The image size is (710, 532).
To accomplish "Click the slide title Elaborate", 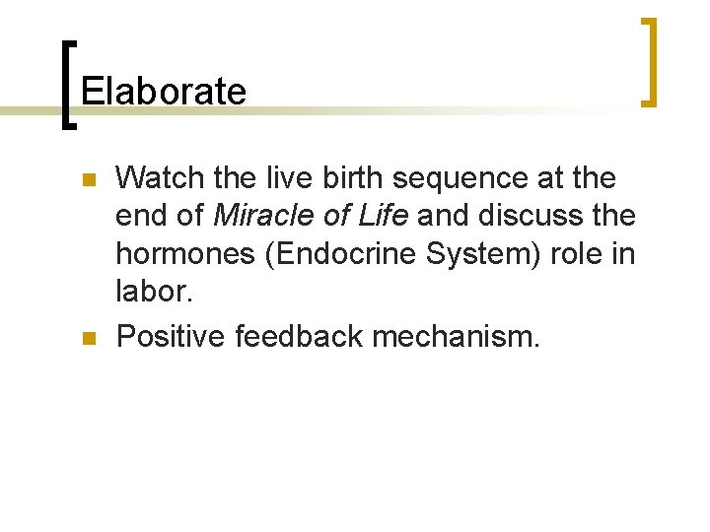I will tap(164, 92).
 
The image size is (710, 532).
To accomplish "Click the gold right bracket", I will tap(649, 61).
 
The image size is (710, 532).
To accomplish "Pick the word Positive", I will tap(171, 338).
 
